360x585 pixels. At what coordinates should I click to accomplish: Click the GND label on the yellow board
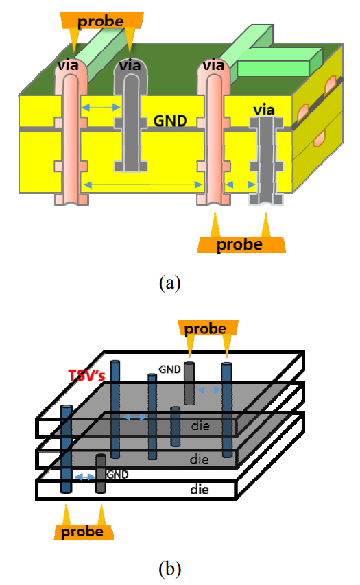click(170, 121)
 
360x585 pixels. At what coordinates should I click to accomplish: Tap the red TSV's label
click(86, 375)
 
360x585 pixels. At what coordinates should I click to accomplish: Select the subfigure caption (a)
click(170, 283)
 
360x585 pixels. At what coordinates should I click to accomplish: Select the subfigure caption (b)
click(170, 569)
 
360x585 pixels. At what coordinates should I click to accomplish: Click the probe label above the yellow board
click(100, 22)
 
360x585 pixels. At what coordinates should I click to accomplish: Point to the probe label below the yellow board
click(239, 245)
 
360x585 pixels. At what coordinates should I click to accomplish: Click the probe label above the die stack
click(205, 329)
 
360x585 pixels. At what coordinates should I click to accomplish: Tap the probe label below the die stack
click(82, 532)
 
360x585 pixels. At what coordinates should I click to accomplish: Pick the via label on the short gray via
click(264, 110)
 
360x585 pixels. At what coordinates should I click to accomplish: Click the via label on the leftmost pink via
click(68, 65)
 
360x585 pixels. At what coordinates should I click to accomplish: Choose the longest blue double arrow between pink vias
click(143, 184)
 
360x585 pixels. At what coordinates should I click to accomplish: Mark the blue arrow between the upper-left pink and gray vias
click(101, 108)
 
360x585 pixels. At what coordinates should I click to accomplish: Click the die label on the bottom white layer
click(200, 490)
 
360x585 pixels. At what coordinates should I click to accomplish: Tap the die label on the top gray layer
click(200, 426)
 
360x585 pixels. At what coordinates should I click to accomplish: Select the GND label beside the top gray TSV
click(170, 370)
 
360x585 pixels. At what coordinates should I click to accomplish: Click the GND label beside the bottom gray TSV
click(117, 474)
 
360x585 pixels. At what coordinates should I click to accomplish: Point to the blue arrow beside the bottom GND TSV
click(84, 477)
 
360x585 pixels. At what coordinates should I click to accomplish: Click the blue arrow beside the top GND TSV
click(208, 390)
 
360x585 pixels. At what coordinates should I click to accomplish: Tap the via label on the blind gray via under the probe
click(130, 66)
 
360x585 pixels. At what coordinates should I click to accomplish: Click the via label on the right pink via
click(213, 65)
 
